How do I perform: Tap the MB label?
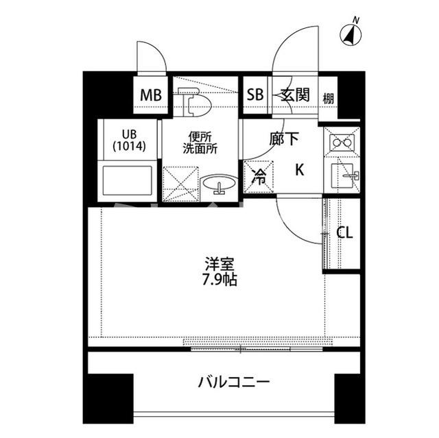point(151,95)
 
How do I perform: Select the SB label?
point(254,95)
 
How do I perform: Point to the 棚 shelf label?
point(329,97)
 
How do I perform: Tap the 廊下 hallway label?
point(283,139)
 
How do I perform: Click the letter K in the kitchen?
point(300,170)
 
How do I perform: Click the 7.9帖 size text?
point(219,279)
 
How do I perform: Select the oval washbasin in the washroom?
point(219,184)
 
